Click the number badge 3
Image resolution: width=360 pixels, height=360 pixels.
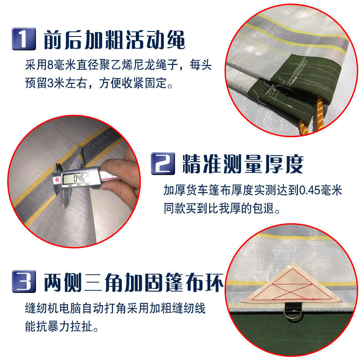click(23, 282)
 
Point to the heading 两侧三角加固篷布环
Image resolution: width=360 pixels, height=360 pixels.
click(133, 283)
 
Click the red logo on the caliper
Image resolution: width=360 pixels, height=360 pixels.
click(58, 179)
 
